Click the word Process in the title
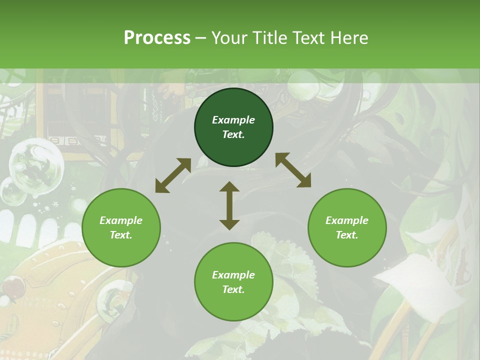click(157, 38)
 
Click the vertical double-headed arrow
click(229, 205)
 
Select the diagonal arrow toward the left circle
click(173, 175)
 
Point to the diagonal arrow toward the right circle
click(293, 170)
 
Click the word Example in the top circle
click(233, 120)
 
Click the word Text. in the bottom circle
click(233, 289)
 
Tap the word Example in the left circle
click(121, 220)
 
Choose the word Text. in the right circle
click(347, 235)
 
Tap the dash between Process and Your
click(201, 38)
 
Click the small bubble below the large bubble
click(12, 193)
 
